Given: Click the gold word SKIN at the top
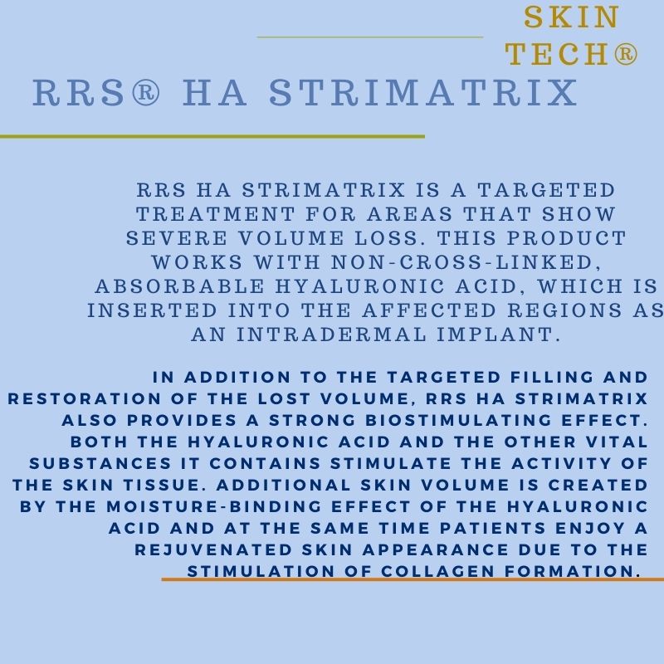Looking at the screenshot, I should [572, 17].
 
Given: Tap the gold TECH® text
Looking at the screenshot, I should [572, 54].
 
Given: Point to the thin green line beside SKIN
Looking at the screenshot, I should [369, 37].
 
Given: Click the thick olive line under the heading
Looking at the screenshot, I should [212, 135].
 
